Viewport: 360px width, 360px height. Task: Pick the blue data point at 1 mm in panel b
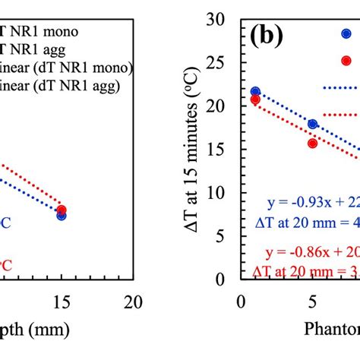click(x=255, y=92)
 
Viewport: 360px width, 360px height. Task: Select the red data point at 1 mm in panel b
click(x=255, y=99)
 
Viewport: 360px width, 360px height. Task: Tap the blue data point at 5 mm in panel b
click(x=312, y=124)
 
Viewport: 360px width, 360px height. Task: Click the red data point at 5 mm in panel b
click(x=312, y=143)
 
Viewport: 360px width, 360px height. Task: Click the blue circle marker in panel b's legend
click(x=346, y=33)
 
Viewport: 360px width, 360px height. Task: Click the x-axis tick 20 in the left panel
click(x=134, y=301)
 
